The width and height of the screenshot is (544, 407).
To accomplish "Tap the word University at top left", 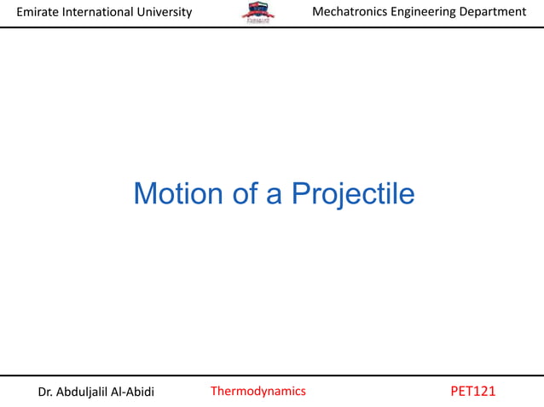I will click(x=165, y=12).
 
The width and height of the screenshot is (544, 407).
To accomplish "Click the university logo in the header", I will click(x=258, y=13).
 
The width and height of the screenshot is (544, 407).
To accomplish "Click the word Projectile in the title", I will click(x=353, y=195).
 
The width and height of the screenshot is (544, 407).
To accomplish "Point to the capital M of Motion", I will click(x=145, y=194).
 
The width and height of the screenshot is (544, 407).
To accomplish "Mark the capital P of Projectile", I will click(x=301, y=194).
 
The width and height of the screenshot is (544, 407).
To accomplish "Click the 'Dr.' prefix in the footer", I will click(x=48, y=392).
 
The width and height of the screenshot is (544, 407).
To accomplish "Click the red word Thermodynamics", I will click(x=258, y=392).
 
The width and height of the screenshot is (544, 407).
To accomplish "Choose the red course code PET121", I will click(x=472, y=392).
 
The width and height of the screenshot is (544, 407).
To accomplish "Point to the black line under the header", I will click(x=272, y=27).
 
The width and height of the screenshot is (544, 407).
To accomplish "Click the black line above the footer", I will click(x=272, y=375).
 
